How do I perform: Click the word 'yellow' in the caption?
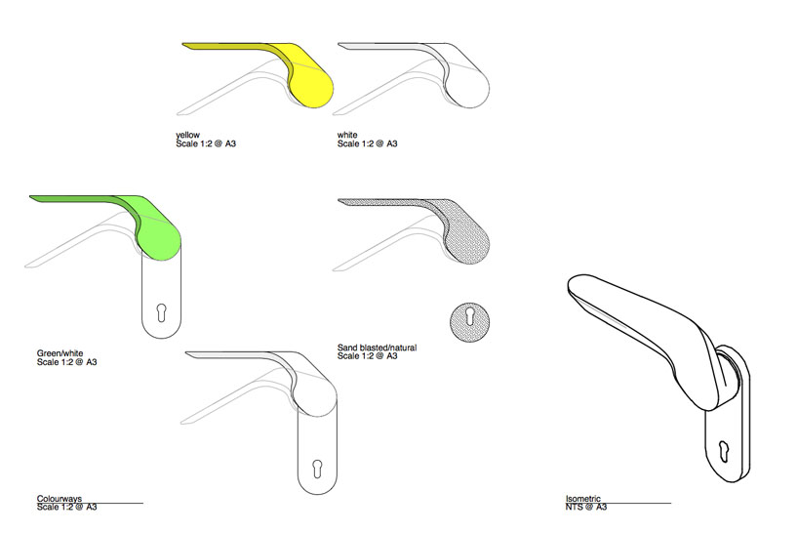click(187, 135)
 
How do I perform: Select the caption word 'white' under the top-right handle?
click(348, 135)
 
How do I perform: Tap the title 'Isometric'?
click(582, 498)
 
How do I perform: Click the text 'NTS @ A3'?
click(586, 507)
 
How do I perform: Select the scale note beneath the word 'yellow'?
click(206, 143)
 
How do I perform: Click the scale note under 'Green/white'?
click(67, 362)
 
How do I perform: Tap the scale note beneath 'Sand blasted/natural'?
click(368, 356)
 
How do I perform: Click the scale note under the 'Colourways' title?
click(67, 507)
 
